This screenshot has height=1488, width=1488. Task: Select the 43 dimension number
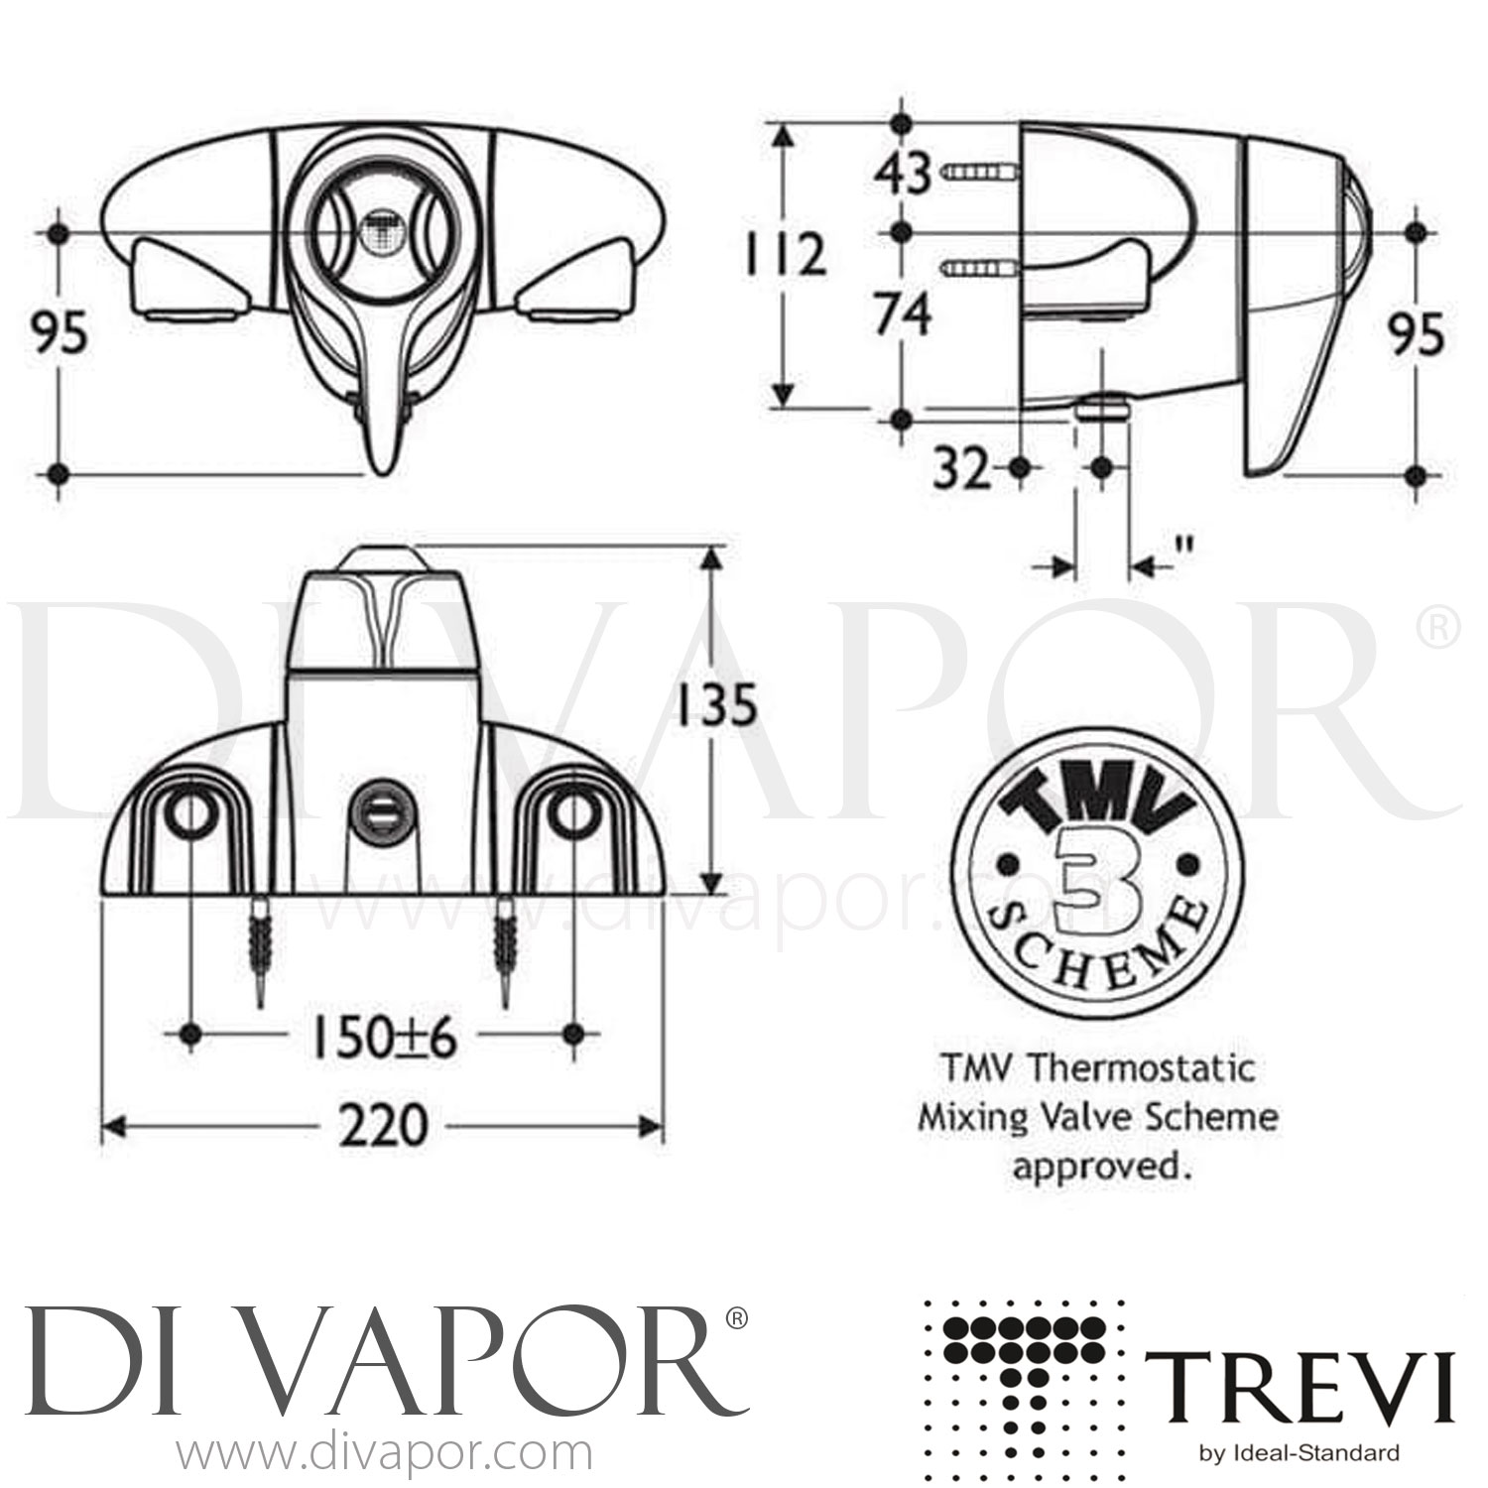902,176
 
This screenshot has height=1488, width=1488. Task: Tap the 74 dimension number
902,316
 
